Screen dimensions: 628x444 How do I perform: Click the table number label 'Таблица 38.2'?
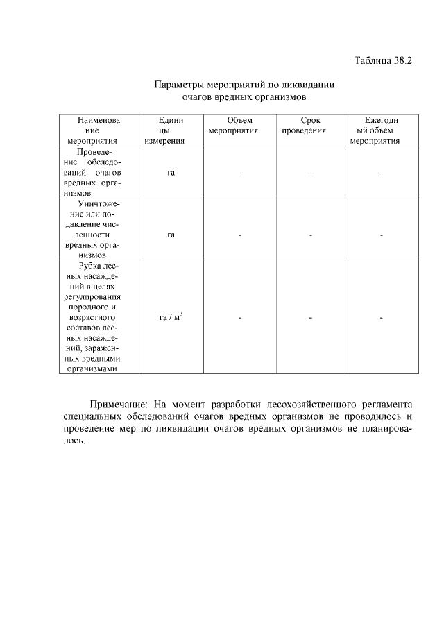(x=383, y=60)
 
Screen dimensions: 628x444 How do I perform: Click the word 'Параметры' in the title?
(x=178, y=85)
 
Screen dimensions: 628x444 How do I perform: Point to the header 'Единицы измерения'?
(x=170, y=130)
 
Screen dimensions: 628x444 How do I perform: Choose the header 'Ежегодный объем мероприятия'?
(x=381, y=130)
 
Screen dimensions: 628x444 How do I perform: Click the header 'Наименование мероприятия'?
(x=99, y=130)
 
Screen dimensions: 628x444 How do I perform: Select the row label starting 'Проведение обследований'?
(x=99, y=172)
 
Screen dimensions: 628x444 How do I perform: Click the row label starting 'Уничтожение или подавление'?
(x=99, y=230)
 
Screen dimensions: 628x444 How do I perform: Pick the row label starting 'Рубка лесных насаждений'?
(x=99, y=317)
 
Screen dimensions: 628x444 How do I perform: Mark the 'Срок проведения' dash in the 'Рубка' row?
(x=311, y=319)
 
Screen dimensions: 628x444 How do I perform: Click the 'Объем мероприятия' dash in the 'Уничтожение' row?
(x=239, y=235)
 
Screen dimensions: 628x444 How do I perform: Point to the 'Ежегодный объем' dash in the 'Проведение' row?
(x=382, y=173)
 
